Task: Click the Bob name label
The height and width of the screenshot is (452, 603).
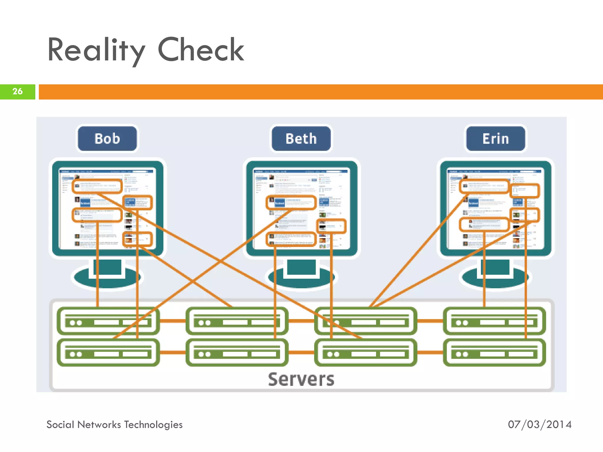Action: click(x=107, y=139)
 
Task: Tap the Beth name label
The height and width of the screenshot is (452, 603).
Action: click(x=301, y=139)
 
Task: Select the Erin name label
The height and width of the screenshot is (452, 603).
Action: click(x=496, y=139)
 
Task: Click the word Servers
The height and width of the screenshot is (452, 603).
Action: click(x=301, y=379)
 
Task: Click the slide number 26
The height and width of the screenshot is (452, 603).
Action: click(x=17, y=92)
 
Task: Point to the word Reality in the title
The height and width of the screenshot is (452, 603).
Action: click(x=96, y=50)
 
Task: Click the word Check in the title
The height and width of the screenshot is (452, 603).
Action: click(x=201, y=50)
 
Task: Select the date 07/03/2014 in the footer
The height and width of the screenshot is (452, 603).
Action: click(x=539, y=424)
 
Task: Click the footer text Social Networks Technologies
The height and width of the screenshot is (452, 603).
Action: click(x=115, y=424)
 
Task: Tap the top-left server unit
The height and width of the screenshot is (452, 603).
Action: click(x=108, y=321)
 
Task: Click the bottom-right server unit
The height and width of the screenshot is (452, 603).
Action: click(x=494, y=353)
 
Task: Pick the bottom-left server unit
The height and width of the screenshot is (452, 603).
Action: click(x=108, y=353)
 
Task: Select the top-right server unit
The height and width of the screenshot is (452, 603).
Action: click(x=494, y=321)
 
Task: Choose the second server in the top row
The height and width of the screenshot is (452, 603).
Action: click(x=237, y=321)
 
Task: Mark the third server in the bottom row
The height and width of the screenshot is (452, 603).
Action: click(x=365, y=353)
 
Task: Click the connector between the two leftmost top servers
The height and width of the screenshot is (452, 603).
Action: click(x=173, y=321)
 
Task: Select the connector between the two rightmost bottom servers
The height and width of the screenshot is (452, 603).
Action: click(x=430, y=352)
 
